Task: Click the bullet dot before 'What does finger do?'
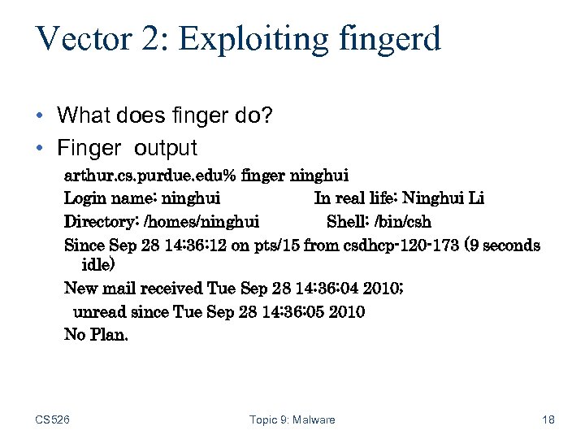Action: point(41,115)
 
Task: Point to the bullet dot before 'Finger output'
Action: point(41,148)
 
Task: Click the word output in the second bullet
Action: point(166,148)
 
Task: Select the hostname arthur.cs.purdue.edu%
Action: point(149,175)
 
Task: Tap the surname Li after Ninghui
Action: point(476,198)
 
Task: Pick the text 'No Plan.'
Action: point(96,334)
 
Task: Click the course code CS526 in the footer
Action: point(53,419)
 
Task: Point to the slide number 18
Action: point(548,419)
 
